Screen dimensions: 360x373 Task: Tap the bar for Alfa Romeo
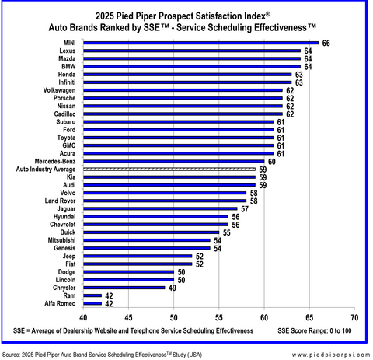pyautogui.click(x=92, y=303)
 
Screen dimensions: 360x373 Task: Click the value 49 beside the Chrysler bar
pyautogui.click(x=173, y=287)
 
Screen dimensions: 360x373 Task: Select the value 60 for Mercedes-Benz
pyautogui.click(x=271, y=161)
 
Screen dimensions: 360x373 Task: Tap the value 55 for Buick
pyautogui.click(x=226, y=232)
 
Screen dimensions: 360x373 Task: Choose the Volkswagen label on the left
pyautogui.click(x=58, y=89)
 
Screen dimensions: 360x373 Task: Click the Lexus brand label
pyautogui.click(x=67, y=51)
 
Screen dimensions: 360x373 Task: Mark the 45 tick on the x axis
pyautogui.click(x=128, y=316)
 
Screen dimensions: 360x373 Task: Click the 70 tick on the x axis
pyautogui.click(x=354, y=316)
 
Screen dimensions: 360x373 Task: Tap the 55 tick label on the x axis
pyautogui.click(x=219, y=316)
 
